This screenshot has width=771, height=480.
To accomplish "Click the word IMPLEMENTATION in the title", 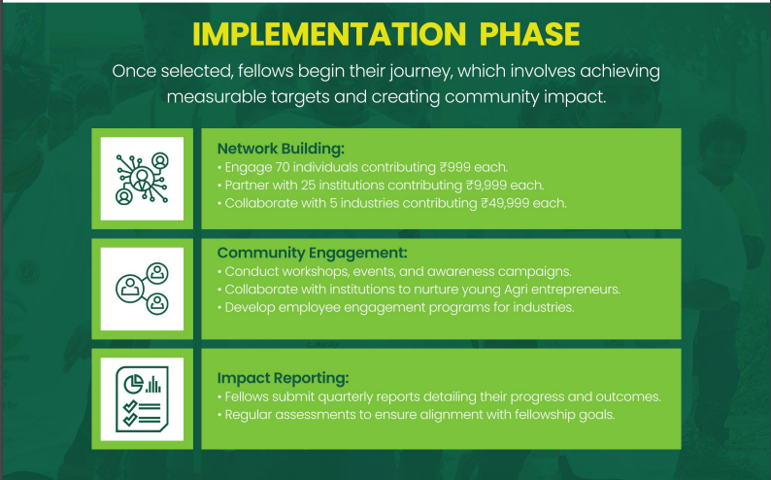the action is click(329, 34).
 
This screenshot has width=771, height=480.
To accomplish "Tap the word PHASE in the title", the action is click(529, 34).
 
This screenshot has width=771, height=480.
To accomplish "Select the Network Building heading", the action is click(281, 149).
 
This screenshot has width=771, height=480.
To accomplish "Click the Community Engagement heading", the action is click(313, 253).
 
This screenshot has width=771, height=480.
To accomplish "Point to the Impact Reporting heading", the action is click(283, 378).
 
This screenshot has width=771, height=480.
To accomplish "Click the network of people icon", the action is click(142, 179).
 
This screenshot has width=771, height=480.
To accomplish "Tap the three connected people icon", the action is click(142, 289).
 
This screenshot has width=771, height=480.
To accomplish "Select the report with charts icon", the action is click(142, 398).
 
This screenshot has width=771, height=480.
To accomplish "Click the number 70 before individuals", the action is click(283, 167).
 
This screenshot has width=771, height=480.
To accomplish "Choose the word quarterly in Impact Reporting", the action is click(344, 396).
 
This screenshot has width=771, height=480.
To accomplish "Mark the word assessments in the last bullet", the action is click(316, 415).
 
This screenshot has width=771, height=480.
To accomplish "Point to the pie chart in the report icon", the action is click(133, 384).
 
